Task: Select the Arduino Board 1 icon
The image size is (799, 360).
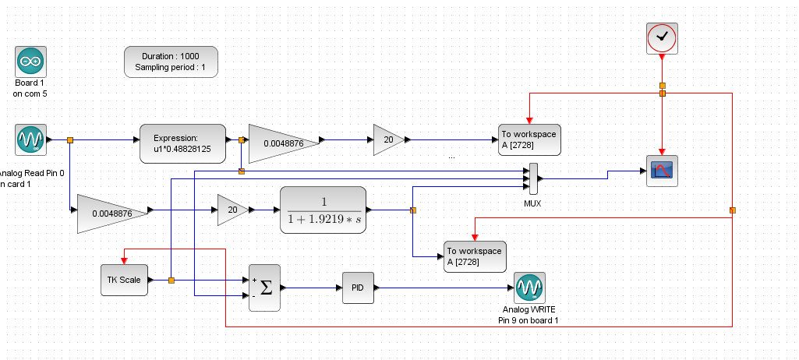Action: point(30,61)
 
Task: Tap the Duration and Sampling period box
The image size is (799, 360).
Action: point(171,62)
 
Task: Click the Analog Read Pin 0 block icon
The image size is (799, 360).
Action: point(30,140)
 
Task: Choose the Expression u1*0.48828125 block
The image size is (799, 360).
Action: point(182,143)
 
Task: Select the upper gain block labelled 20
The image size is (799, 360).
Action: point(387,140)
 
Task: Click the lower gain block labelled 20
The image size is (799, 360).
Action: point(232,210)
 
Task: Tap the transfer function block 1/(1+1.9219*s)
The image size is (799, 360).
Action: point(323,210)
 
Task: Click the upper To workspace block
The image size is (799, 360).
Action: point(529,139)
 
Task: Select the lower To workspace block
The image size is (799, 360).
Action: point(475,256)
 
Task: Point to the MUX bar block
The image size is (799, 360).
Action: point(533,178)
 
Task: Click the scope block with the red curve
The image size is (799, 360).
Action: point(662,171)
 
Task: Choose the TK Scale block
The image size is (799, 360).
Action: point(124,280)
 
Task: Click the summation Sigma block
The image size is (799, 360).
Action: point(264,288)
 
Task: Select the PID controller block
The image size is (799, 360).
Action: point(358,288)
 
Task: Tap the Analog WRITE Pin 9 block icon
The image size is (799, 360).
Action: point(529,288)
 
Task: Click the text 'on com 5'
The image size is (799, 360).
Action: point(30,94)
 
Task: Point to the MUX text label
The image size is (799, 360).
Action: point(533,203)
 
